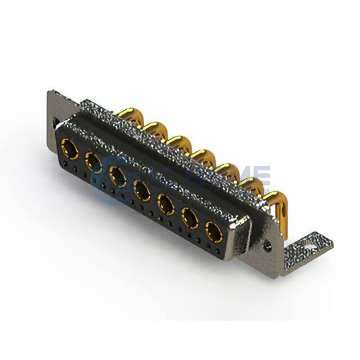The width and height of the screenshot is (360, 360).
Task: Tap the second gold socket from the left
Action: (x=92, y=160)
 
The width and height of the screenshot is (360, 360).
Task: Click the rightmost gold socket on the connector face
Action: (x=212, y=230)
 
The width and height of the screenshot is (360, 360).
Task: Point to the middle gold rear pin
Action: (x=199, y=155)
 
